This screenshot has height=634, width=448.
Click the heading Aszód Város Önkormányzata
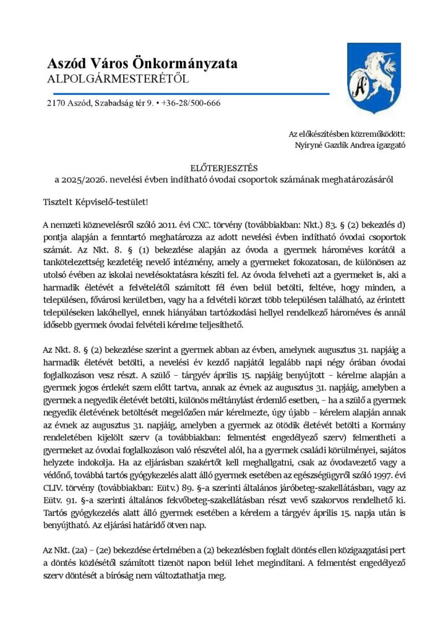(142, 64)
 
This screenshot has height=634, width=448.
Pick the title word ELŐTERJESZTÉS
(223, 168)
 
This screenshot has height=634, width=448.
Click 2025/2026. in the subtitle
(83, 179)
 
